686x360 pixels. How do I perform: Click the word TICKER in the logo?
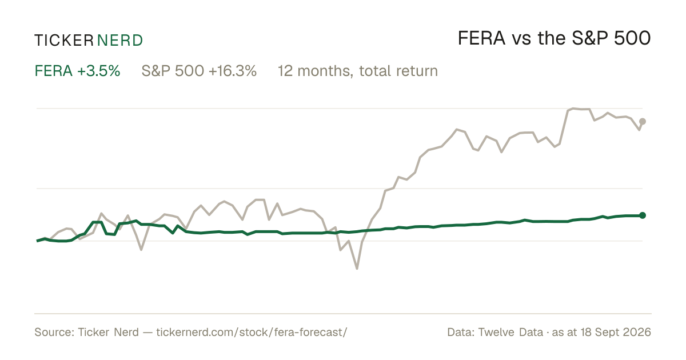coord(64,41)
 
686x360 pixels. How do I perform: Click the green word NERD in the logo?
coord(119,41)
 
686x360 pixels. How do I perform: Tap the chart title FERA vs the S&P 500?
coord(554,38)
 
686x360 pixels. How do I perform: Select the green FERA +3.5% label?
coord(77,71)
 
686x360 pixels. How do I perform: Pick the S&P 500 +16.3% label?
coord(199,71)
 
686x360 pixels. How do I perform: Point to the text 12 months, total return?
coord(358,71)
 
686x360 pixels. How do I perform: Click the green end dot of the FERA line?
coord(643,215)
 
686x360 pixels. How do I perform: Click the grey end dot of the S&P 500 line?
coord(643,122)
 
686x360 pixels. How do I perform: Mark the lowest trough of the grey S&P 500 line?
coord(357,269)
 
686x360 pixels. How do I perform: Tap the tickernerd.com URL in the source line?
coord(252,332)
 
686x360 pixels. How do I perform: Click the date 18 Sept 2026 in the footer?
coord(616,332)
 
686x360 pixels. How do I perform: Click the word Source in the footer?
coord(53,332)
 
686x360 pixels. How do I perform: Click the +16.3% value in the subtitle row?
coord(233,71)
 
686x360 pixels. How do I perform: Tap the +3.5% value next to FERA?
coord(98,71)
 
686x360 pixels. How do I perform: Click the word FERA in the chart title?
coord(481,38)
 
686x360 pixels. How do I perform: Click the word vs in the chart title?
coord(521,41)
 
